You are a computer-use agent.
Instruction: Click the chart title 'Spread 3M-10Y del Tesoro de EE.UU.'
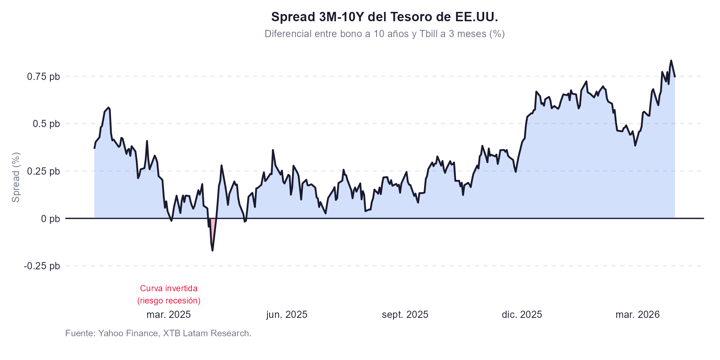[x=384, y=17]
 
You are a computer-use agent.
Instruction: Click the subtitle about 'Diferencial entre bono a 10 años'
[x=384, y=34]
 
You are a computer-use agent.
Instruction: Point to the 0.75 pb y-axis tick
[x=44, y=77]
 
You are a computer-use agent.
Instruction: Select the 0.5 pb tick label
[x=46, y=124]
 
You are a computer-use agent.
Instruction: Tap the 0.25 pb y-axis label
[x=44, y=171]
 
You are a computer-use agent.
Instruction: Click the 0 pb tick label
[x=50, y=219]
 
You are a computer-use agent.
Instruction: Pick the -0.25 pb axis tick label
[x=42, y=266]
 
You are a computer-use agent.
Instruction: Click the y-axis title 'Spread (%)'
[x=16, y=177]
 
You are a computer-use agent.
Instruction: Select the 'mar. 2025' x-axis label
[x=168, y=315]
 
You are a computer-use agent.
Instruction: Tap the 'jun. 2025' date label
[x=287, y=315]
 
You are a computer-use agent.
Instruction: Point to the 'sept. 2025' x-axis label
[x=405, y=315]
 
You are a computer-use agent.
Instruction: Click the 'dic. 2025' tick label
[x=522, y=315]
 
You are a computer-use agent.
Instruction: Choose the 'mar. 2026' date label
[x=638, y=315]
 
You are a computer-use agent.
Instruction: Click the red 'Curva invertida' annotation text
[x=168, y=288]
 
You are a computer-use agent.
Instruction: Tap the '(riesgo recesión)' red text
[x=168, y=301]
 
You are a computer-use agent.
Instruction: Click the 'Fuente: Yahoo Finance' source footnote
[x=158, y=333]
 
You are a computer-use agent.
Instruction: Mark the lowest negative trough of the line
[x=212, y=250]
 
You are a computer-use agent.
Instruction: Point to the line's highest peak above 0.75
[x=671, y=61]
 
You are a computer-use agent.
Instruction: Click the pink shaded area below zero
[x=213, y=230]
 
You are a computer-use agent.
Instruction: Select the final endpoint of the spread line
[x=675, y=77]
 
